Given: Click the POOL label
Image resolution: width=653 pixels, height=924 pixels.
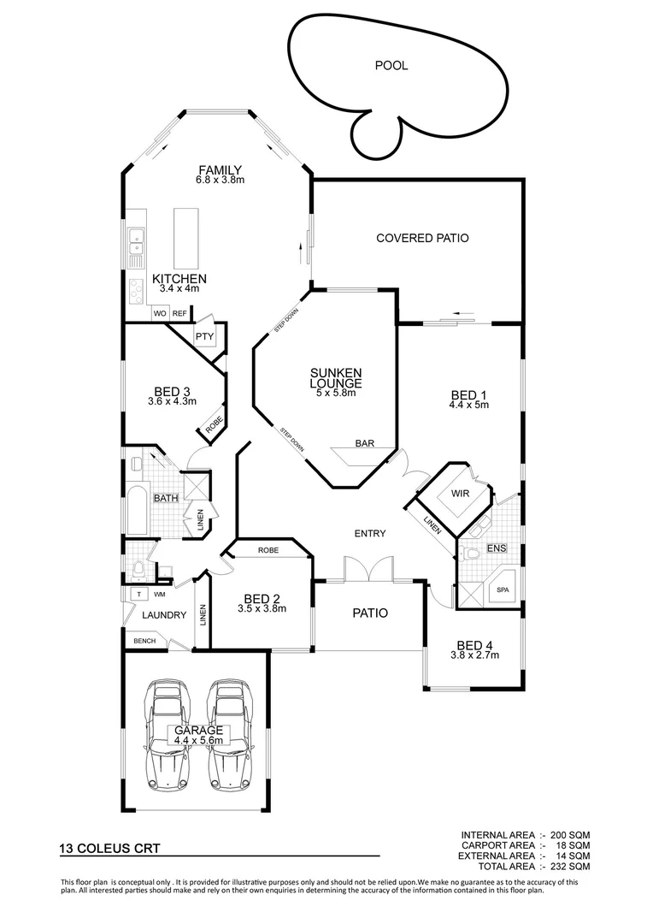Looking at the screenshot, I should click(391, 65).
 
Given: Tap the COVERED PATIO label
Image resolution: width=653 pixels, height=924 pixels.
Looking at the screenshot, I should click(422, 238).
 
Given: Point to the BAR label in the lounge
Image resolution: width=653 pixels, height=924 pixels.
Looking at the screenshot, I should click(364, 444).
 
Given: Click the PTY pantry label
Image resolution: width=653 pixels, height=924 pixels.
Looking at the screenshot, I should click(204, 336).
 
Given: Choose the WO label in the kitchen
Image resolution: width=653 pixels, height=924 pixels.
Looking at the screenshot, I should click(159, 314).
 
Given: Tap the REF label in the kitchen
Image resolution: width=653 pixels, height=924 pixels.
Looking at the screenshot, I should click(179, 314).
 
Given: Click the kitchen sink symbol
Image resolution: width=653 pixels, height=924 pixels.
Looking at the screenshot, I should click(135, 246).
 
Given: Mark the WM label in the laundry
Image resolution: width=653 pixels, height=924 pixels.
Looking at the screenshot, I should click(159, 594).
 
